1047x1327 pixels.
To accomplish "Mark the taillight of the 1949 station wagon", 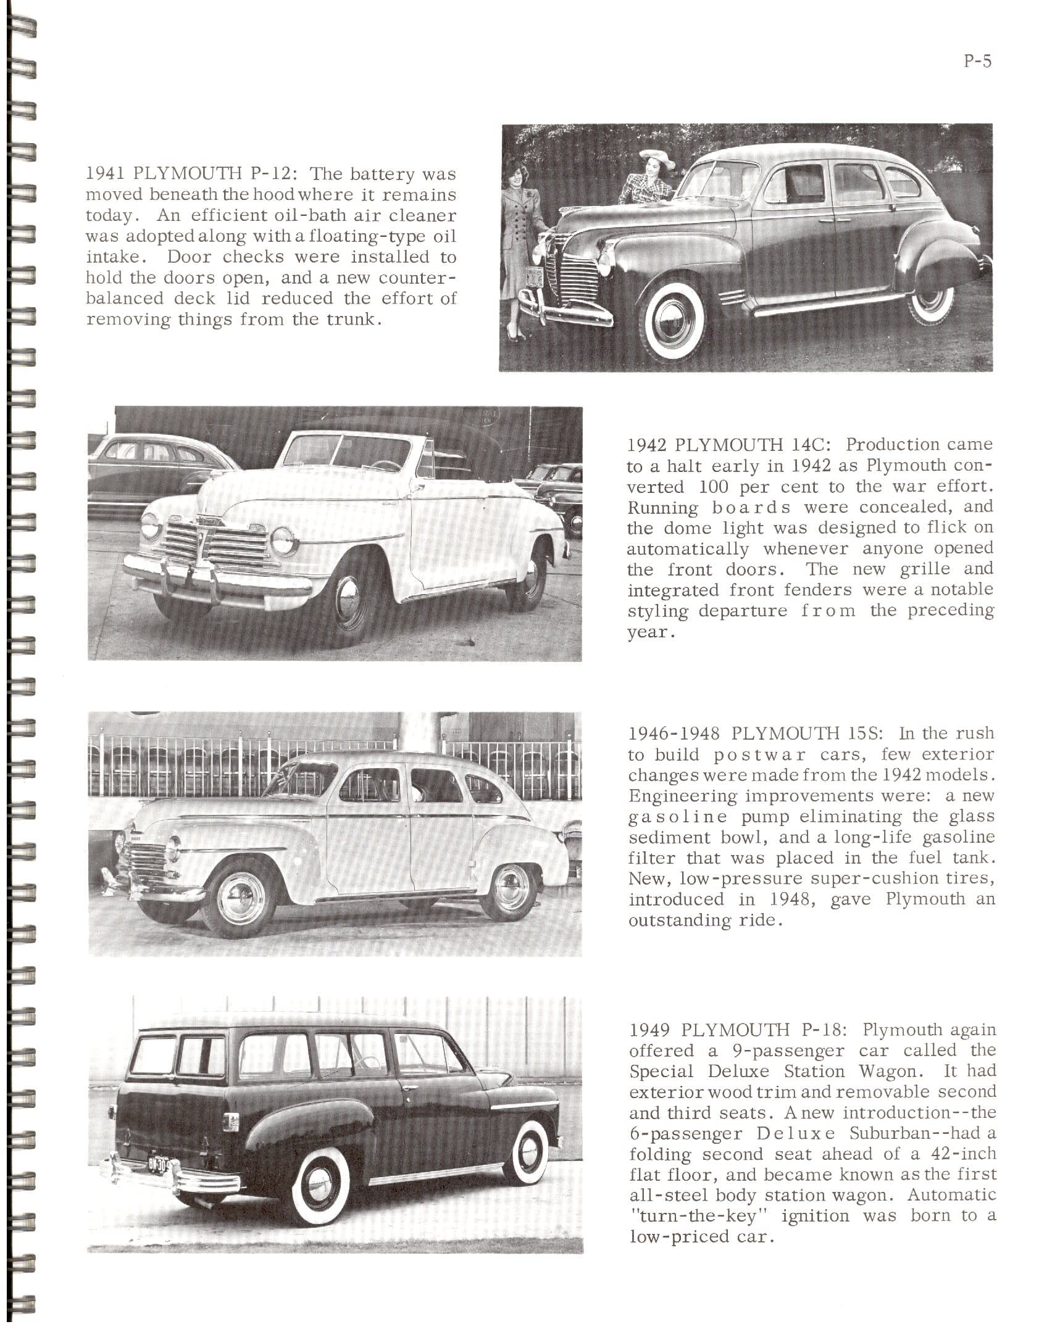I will (x=232, y=1121).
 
